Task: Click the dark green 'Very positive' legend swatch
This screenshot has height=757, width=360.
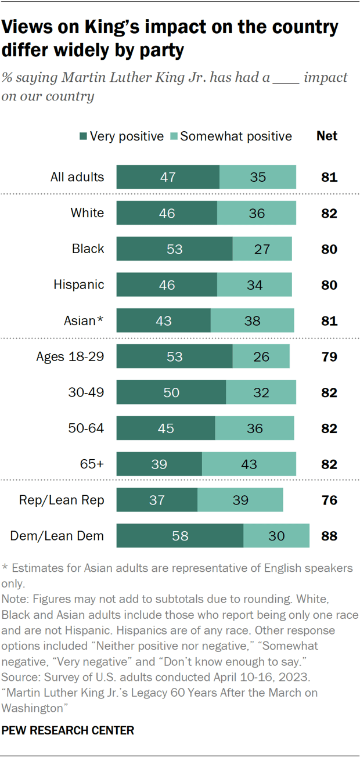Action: click(83, 136)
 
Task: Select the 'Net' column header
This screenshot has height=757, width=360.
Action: click(327, 136)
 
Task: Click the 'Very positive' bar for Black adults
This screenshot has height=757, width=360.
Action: click(174, 249)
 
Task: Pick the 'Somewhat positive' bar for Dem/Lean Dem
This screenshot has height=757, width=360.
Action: click(276, 536)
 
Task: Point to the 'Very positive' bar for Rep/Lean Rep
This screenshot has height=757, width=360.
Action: click(157, 500)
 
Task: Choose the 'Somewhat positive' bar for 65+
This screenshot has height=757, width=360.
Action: click(249, 464)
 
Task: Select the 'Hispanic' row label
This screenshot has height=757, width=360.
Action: click(79, 284)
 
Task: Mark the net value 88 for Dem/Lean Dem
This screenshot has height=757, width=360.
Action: click(329, 536)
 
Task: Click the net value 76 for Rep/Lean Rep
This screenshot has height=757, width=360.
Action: click(329, 500)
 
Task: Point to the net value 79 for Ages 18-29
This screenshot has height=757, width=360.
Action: click(329, 356)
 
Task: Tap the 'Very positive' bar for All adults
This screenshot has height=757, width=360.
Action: click(168, 177)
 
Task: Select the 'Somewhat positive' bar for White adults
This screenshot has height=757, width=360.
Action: click(257, 213)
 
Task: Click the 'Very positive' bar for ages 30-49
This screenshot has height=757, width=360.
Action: click(171, 392)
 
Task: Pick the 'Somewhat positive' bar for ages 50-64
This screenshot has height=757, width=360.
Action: click(255, 428)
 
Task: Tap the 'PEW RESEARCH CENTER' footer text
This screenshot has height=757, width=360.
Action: click(69, 730)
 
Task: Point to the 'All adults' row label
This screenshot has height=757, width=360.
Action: click(77, 177)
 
